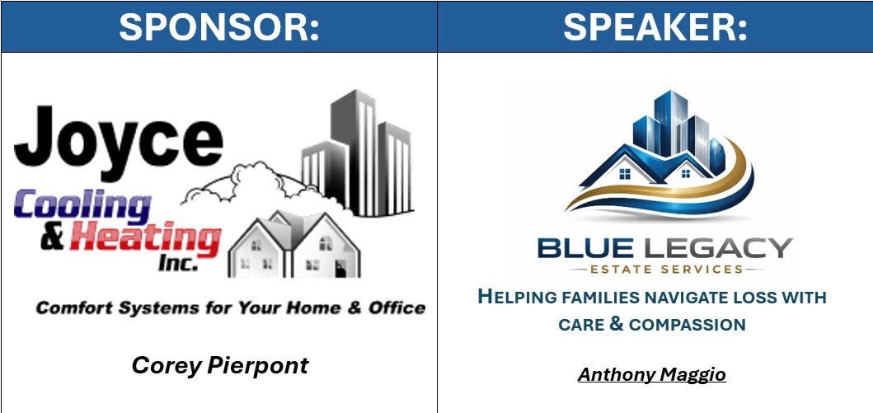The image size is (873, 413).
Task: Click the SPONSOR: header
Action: (219, 26)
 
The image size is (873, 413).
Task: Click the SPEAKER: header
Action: (655, 26)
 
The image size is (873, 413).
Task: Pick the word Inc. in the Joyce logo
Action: (178, 263)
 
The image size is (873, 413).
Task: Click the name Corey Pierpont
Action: (220, 366)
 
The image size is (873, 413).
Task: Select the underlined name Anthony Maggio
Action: (651, 374)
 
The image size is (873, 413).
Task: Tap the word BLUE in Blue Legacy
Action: (593, 247)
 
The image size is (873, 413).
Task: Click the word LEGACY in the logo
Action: (725, 247)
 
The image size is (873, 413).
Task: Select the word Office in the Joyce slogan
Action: (397, 307)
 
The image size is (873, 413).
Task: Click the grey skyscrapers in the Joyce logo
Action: (357, 153)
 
